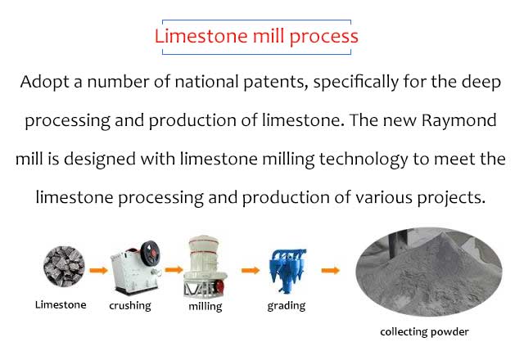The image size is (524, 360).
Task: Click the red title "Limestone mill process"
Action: (x=256, y=37)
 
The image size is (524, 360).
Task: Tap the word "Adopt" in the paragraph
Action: (x=44, y=82)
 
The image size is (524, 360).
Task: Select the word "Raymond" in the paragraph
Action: (x=458, y=121)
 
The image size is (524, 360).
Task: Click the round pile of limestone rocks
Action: (x=64, y=266)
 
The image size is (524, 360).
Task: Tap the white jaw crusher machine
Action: (x=135, y=268)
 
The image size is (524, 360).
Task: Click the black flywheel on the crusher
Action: (x=150, y=253)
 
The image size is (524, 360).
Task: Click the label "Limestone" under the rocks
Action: (x=61, y=305)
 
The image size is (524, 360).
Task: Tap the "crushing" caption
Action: (x=130, y=306)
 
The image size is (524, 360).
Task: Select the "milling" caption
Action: (x=206, y=306)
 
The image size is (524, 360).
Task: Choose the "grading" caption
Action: (x=287, y=306)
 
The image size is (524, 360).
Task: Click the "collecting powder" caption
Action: (x=424, y=332)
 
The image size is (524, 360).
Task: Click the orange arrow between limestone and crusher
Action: (x=98, y=270)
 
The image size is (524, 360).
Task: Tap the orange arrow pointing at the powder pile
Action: (x=330, y=270)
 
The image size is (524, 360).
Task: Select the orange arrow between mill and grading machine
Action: (x=251, y=270)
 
